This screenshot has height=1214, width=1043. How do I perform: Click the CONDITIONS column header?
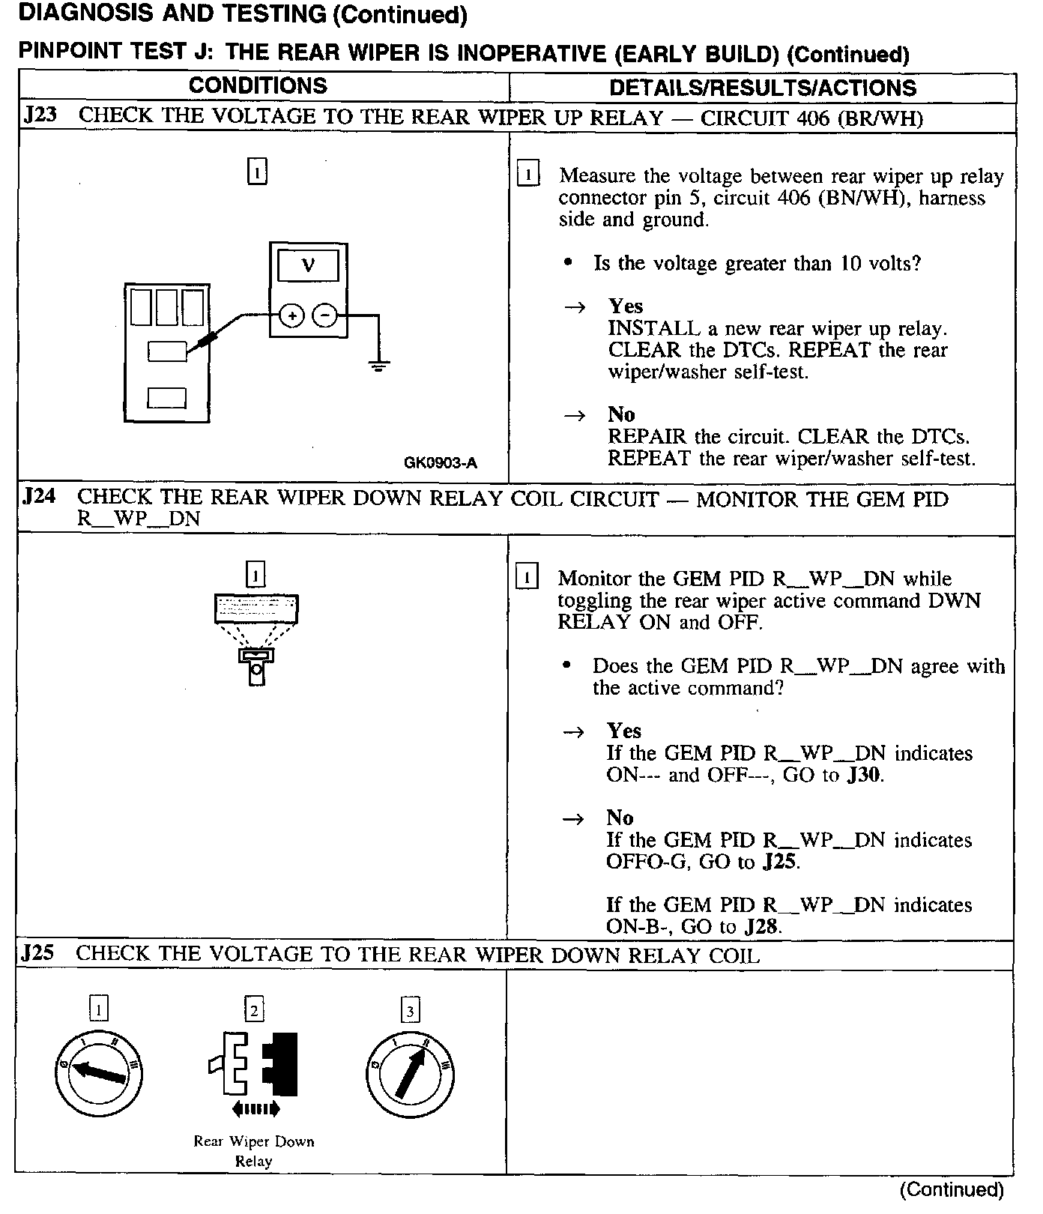point(258,85)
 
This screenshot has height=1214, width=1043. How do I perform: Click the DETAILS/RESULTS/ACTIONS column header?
point(762,88)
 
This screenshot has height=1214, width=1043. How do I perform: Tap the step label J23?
point(40,116)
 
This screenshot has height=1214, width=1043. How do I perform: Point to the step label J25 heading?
point(38,953)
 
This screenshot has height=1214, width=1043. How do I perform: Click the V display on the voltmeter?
point(308,265)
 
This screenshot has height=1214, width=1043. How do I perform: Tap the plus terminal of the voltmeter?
point(291,316)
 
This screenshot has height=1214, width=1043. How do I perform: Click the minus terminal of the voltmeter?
point(324,316)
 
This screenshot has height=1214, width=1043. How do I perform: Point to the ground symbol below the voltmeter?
point(379,366)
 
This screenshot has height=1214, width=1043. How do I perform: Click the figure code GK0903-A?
point(441,462)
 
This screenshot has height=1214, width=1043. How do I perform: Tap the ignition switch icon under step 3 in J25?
point(411,1075)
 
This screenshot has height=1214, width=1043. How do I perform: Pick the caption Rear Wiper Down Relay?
point(254,1151)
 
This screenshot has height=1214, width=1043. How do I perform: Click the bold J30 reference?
point(865,775)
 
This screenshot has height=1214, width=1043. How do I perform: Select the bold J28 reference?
point(763,927)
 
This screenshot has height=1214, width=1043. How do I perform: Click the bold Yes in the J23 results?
point(626,306)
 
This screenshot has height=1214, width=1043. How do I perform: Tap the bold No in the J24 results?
point(620,818)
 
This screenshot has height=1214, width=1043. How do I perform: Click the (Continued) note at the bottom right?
point(952,1190)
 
